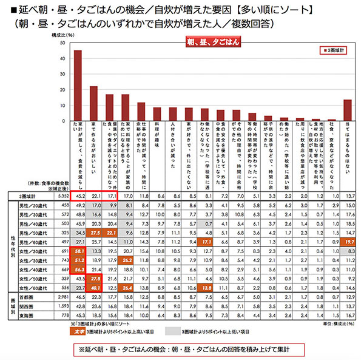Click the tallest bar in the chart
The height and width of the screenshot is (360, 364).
tap(78, 85)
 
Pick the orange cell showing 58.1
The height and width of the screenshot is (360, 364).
tap(78, 250)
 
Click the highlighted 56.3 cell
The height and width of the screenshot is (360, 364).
tap(78, 270)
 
